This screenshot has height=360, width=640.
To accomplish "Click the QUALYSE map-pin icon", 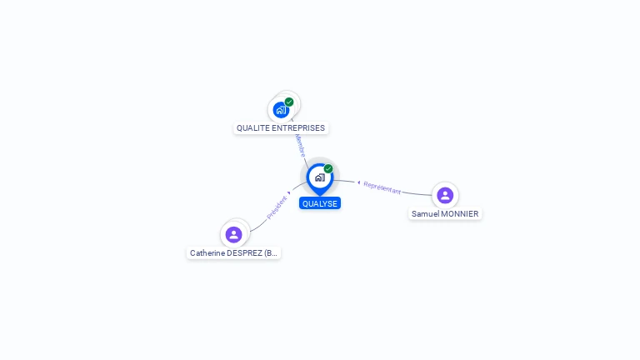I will (x=319, y=177).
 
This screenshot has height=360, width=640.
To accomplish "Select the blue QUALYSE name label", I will (x=320, y=203).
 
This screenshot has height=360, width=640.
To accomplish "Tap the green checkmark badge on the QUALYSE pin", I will (x=328, y=169).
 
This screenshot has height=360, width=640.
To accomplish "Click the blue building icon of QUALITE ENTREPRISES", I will (x=282, y=109).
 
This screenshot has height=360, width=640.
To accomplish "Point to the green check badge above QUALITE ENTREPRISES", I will (x=289, y=102).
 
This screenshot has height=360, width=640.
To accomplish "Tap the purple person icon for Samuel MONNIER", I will (x=445, y=195).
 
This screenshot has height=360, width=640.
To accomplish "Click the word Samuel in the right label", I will (x=425, y=214).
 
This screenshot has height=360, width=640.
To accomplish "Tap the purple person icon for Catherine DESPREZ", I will (x=234, y=234).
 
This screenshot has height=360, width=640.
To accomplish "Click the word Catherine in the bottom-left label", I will (x=208, y=252).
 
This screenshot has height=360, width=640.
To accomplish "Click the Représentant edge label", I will (x=382, y=187).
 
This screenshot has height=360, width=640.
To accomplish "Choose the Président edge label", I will (x=277, y=207).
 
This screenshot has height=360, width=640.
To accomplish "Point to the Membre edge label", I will (x=299, y=145).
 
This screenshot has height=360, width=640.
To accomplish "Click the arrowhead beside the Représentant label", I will (x=358, y=182).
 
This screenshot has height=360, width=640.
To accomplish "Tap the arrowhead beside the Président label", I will (x=289, y=193).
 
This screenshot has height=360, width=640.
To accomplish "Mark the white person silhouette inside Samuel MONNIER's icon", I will (x=445, y=195).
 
